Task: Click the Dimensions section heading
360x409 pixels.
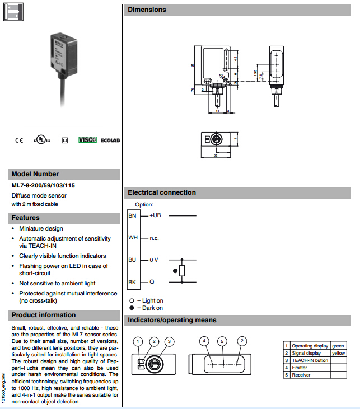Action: click(147, 10)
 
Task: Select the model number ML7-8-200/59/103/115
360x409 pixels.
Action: click(43, 185)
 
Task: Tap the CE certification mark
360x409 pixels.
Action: click(19, 140)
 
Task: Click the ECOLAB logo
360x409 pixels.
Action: click(110, 140)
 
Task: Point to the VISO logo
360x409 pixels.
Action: click(87, 139)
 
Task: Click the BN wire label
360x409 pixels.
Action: click(132, 215)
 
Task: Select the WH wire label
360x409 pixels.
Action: click(133, 238)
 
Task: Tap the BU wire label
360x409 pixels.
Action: click(132, 260)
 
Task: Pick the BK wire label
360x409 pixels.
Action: click(132, 282)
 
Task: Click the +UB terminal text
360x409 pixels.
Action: click(155, 215)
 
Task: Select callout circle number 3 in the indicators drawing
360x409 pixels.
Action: click(170, 341)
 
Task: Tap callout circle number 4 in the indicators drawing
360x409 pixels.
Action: click(205, 341)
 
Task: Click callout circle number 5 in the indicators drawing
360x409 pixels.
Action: click(222, 341)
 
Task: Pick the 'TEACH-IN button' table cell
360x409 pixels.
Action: click(310, 360)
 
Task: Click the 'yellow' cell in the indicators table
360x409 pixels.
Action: click(339, 353)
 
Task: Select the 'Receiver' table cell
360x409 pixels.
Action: click(301, 375)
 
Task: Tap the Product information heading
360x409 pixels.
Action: click(44, 315)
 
